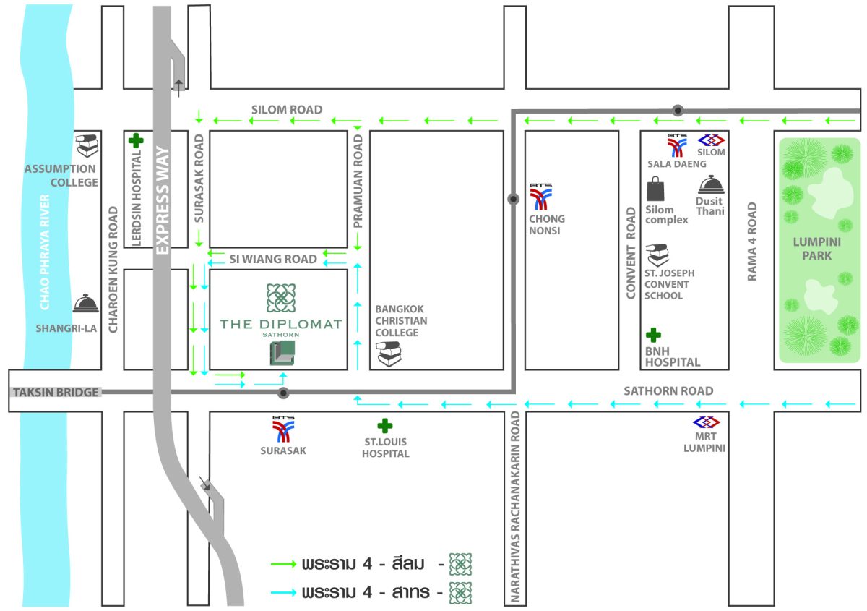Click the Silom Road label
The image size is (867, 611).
287,110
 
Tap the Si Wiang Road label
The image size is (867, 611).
273,259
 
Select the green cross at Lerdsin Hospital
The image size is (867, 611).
136,141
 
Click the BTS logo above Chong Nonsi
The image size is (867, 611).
540,197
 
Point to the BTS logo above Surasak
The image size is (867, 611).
283,430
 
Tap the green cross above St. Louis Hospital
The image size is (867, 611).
384,426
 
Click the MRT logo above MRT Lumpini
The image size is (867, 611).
707,422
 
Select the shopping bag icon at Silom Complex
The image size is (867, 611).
655,189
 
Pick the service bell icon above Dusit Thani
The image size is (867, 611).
711,184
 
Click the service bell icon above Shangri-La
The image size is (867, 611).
85,304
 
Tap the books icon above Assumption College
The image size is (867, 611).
87,145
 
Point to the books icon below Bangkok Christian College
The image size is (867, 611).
389,354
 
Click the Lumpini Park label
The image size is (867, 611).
816,249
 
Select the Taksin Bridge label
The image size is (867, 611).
56,393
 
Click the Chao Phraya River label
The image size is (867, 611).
45,252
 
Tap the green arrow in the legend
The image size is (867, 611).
283,564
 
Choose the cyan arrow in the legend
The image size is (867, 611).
283,593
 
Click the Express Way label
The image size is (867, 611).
162,200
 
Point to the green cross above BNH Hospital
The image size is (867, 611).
653,335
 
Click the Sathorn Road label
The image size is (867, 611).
668,391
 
